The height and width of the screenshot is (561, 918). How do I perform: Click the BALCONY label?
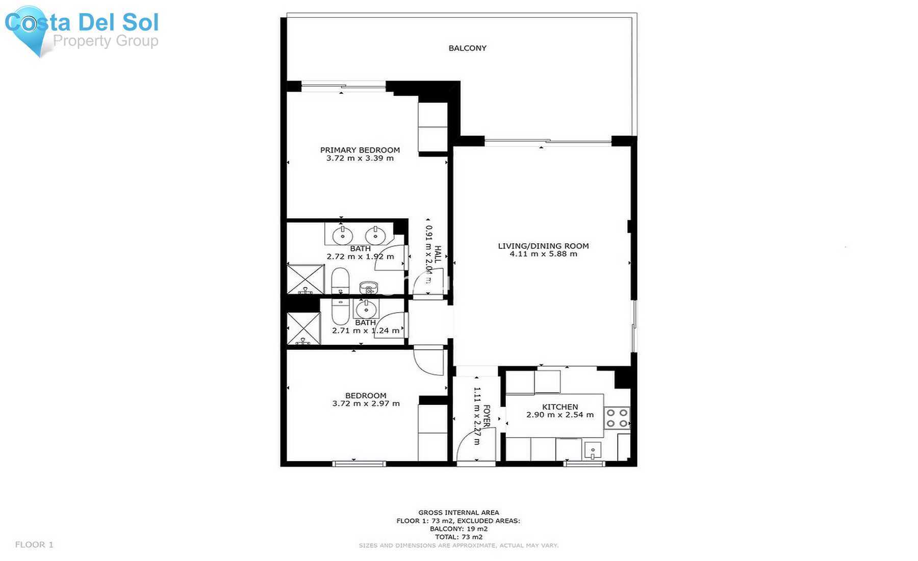[467, 48]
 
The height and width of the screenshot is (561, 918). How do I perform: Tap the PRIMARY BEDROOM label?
[360, 150]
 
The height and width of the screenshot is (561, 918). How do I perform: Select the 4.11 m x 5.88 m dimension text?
[543, 254]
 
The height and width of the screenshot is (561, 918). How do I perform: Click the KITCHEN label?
[559, 406]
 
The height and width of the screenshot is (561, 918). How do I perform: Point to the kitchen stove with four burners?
[617, 418]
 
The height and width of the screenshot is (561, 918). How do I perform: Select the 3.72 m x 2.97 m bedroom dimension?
[366, 403]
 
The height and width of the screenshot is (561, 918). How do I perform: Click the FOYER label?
[487, 416]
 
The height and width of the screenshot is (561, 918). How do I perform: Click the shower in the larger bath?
[305, 279]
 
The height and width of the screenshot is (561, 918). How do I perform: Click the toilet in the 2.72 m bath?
[340, 281]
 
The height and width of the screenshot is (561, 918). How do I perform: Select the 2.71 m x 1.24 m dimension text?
[366, 330]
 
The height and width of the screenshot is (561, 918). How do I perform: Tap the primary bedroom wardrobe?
[432, 127]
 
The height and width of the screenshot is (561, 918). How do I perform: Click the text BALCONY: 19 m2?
[458, 529]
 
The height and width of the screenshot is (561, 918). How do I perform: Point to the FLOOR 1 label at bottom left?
[34, 545]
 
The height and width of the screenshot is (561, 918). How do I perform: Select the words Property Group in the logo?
[106, 41]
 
